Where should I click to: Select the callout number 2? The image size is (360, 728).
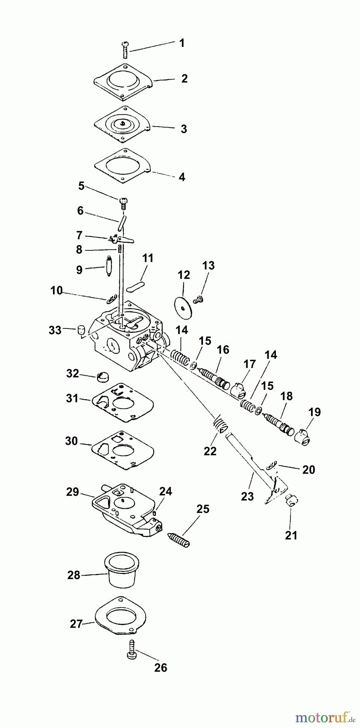click(x=184, y=78)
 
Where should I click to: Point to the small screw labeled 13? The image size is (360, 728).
click(x=198, y=299)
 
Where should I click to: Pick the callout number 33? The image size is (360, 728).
click(x=55, y=330)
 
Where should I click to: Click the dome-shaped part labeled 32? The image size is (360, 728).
click(x=103, y=377)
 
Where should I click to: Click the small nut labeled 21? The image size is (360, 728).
click(x=291, y=501)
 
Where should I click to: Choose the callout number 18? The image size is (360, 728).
click(x=286, y=396)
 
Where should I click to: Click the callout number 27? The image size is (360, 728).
click(x=76, y=624)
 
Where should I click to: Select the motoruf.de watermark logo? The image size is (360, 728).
click(x=322, y=717)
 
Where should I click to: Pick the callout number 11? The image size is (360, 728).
click(x=148, y=258)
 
